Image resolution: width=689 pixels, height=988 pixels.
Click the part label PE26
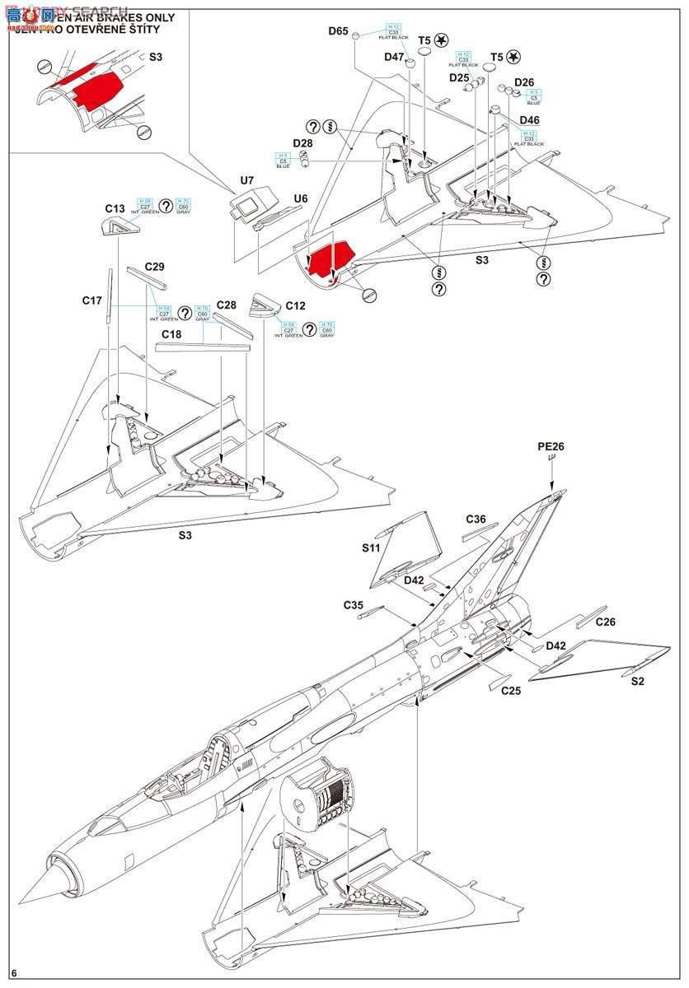tap(551, 447)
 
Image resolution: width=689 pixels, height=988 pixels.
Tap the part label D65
tap(338, 31)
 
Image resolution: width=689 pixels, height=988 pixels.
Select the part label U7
tap(246, 179)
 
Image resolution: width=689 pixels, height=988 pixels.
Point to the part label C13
tap(115, 208)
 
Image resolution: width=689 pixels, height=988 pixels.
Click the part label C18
tap(171, 334)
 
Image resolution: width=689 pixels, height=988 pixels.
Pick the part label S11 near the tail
tap(372, 548)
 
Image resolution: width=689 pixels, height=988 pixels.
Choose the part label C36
tap(476, 519)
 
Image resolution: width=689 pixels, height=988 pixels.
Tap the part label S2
tap(638, 682)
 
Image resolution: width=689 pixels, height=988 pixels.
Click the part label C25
tap(511, 690)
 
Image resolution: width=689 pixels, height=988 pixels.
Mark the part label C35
tap(354, 605)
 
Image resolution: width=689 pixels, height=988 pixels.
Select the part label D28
tap(303, 143)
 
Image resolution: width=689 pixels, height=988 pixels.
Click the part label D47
tap(394, 57)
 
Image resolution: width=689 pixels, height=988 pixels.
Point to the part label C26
tap(606, 622)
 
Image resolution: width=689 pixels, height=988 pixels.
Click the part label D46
tap(531, 120)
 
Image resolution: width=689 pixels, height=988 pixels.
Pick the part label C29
tap(155, 267)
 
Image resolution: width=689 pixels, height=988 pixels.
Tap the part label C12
tap(295, 305)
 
